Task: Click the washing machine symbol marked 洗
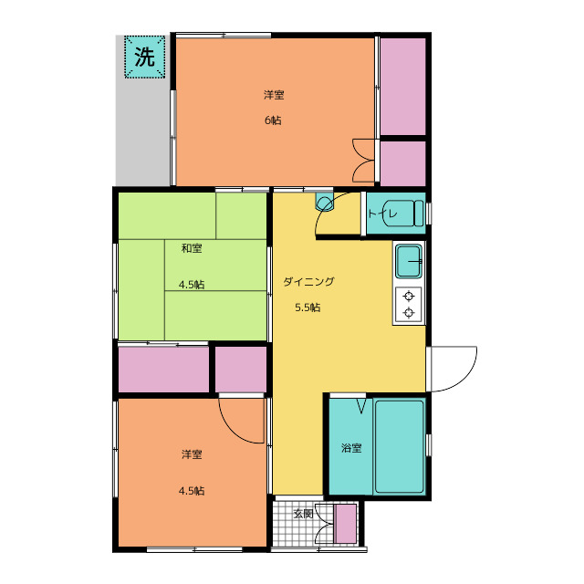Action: [x=144, y=57]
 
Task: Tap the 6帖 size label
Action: [x=273, y=120]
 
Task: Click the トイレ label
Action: [x=377, y=214]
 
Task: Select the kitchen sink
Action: [x=409, y=261]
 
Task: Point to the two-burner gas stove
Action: [x=409, y=305]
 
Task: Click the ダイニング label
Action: [x=308, y=282]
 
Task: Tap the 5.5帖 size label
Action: [x=308, y=308]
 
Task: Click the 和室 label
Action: [x=192, y=248]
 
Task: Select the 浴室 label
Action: [x=351, y=448]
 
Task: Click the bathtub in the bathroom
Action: [x=400, y=446]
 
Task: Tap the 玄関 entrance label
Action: [x=303, y=514]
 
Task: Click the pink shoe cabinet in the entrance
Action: [x=345, y=523]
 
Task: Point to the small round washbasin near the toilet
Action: [x=324, y=203]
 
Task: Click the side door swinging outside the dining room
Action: [x=451, y=369]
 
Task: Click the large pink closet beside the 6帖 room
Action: [x=402, y=87]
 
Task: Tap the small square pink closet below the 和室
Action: [x=241, y=369]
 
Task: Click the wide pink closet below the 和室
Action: [x=163, y=369]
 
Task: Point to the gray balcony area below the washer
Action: [x=143, y=132]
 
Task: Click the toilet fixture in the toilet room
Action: [x=404, y=214]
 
